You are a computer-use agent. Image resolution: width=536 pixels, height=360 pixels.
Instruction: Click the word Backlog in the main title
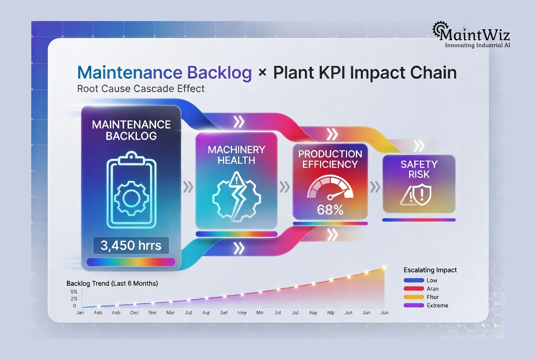coord(219,73)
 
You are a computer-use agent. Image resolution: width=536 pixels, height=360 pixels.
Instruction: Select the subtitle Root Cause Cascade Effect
coord(141,88)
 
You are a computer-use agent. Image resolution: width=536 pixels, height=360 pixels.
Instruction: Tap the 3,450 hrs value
coord(131,245)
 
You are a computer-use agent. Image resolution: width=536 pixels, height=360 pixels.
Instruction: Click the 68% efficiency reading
coord(330,210)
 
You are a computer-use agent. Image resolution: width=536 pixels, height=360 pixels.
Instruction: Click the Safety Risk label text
coord(419,169)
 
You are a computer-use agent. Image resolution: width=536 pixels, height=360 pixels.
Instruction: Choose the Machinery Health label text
coord(236,155)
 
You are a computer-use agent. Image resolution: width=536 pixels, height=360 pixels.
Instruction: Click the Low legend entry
coord(431,281)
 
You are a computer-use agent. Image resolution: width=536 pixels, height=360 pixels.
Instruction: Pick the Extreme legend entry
coord(437,305)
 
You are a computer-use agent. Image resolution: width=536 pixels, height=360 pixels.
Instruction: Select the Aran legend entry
coord(432,289)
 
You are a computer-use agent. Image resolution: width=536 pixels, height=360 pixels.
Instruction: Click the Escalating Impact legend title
coord(430,270)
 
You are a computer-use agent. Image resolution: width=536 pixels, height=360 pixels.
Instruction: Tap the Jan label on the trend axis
coord(80,313)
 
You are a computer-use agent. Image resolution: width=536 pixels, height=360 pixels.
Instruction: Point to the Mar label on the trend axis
coord(170,313)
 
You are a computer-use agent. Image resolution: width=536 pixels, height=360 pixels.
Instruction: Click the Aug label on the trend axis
coord(206,313)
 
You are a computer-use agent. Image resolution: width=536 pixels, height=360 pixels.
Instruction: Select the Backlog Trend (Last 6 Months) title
coord(112,283)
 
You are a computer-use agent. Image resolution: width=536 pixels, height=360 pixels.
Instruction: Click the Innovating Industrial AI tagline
coord(477,45)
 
